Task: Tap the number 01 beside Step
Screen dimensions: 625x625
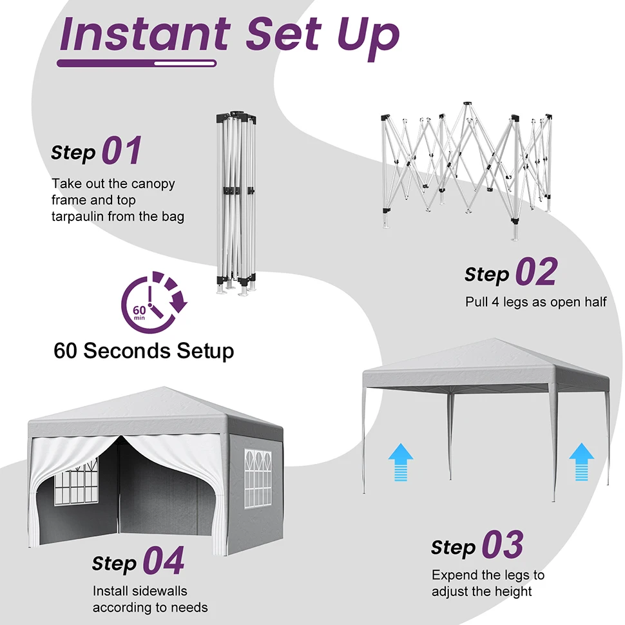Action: (122, 151)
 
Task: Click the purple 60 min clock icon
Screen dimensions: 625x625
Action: (154, 302)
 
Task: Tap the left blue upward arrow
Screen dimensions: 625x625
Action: (401, 462)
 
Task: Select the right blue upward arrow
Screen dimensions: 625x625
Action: (582, 462)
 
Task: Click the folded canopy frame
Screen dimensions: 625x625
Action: (236, 204)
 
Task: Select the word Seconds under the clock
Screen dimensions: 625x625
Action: (127, 351)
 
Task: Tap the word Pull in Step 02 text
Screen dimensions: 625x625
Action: (476, 302)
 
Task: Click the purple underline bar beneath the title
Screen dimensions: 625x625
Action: (137, 63)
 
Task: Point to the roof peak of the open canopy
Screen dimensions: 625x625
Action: (495, 339)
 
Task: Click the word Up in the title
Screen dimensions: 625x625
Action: (367, 37)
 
